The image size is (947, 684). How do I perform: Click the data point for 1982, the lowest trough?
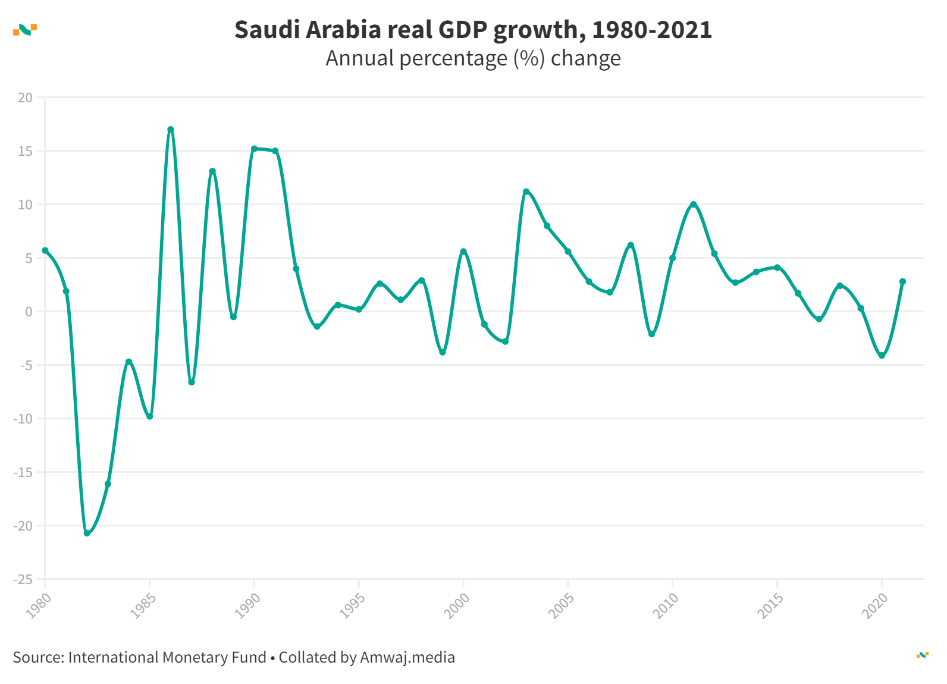[87, 533]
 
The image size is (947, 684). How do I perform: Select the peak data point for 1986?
[171, 130]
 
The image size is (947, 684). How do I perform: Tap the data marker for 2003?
[526, 192]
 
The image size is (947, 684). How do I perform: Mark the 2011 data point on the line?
[694, 205]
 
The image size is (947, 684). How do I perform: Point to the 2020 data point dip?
[882, 356]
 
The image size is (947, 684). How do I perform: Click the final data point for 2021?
[902, 281]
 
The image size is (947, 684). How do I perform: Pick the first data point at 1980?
[45, 251]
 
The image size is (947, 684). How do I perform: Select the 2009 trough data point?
[651, 334]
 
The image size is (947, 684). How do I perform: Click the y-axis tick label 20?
[26, 98]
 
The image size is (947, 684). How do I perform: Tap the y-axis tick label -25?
[24, 579]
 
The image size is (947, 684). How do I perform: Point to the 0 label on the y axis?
[29, 312]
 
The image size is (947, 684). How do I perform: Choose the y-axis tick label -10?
[24, 419]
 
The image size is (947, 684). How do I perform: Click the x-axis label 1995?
[352, 605]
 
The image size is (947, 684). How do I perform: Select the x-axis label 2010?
[666, 605]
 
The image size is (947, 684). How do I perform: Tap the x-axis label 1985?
[143, 605]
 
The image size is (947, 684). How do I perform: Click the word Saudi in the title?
[267, 30]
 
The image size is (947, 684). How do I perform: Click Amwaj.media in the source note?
[407, 657]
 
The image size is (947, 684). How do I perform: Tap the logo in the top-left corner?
[25, 29]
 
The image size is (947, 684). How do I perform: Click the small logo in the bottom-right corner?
[922, 655]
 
